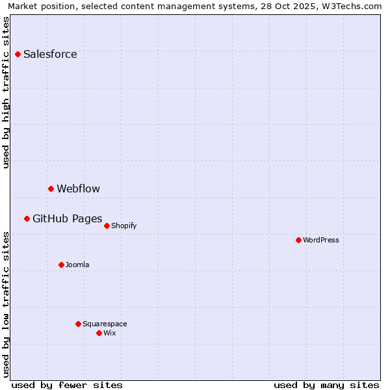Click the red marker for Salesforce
[18, 54]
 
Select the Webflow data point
[51, 188]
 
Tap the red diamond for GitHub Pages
[27, 218]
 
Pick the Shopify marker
[107, 226]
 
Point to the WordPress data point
[298, 240]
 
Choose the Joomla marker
[61, 265]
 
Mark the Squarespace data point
[78, 324]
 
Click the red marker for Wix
[99, 333]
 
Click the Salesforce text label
[50, 54]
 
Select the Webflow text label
[78, 188]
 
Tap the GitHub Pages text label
[67, 218]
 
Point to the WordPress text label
[321, 240]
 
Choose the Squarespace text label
[105, 324]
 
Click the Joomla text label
[77, 265]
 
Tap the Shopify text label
[123, 226]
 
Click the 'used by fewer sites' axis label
[67, 385]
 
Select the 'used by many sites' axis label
[326, 385]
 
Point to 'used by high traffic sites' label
[6, 92]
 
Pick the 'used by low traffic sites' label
[6, 304]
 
